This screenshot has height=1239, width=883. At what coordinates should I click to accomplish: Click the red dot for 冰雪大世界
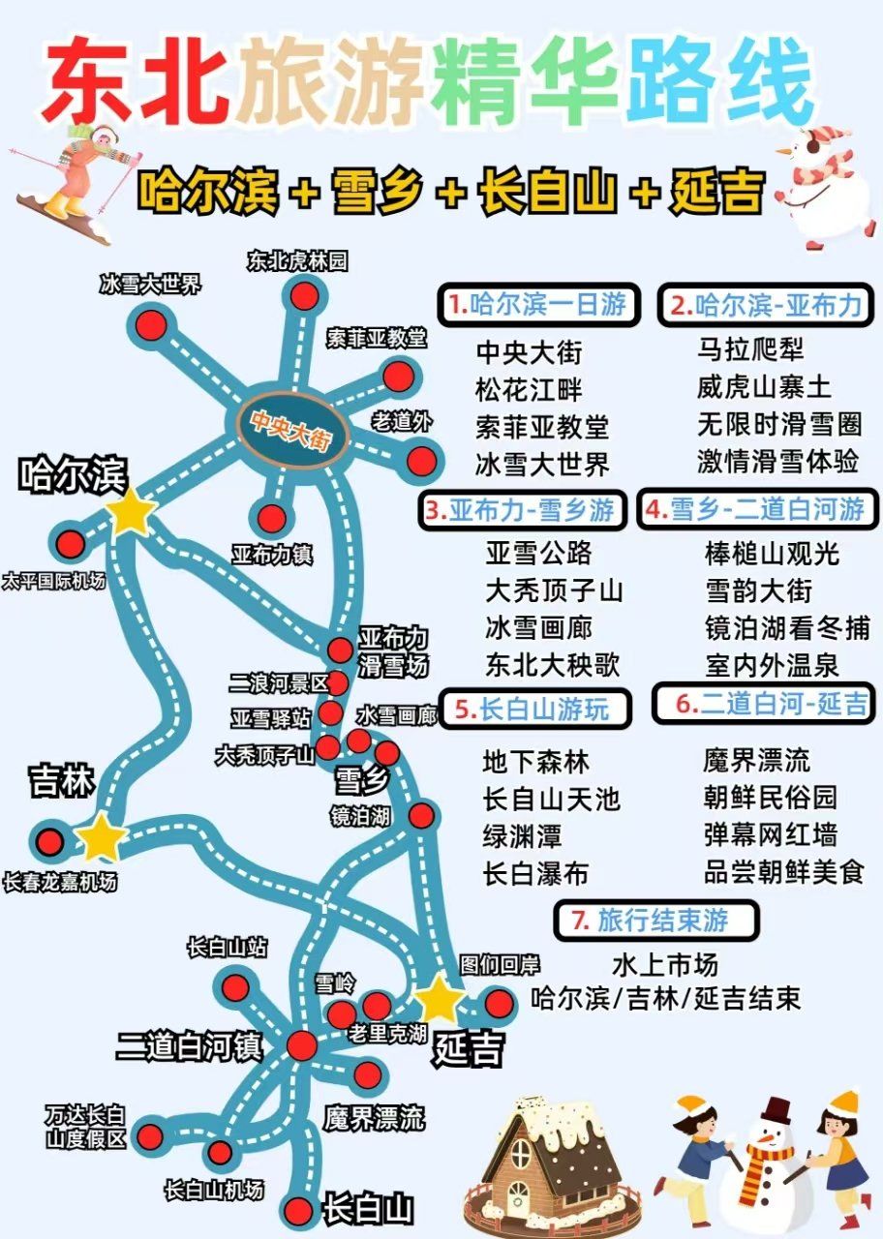click(151, 324)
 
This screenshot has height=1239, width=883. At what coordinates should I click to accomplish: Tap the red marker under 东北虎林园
click(304, 293)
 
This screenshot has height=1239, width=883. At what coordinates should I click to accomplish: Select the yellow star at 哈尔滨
click(131, 511)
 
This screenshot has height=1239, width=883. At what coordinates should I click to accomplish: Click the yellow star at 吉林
click(101, 837)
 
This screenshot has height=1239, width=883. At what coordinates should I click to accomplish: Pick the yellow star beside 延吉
click(440, 998)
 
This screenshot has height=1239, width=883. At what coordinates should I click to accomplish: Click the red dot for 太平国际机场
click(70, 544)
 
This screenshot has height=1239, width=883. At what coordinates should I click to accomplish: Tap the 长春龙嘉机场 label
click(60, 883)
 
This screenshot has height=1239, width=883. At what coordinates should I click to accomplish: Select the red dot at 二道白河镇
click(301, 1045)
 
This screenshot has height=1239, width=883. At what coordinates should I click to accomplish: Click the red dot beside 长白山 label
click(301, 1210)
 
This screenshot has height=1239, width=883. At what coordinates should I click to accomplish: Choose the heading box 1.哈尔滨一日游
click(538, 305)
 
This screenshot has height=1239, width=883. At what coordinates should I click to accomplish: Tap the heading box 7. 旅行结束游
click(657, 921)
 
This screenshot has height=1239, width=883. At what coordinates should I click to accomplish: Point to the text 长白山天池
click(551, 799)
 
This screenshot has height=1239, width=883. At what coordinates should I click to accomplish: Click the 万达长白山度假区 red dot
click(151, 1134)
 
